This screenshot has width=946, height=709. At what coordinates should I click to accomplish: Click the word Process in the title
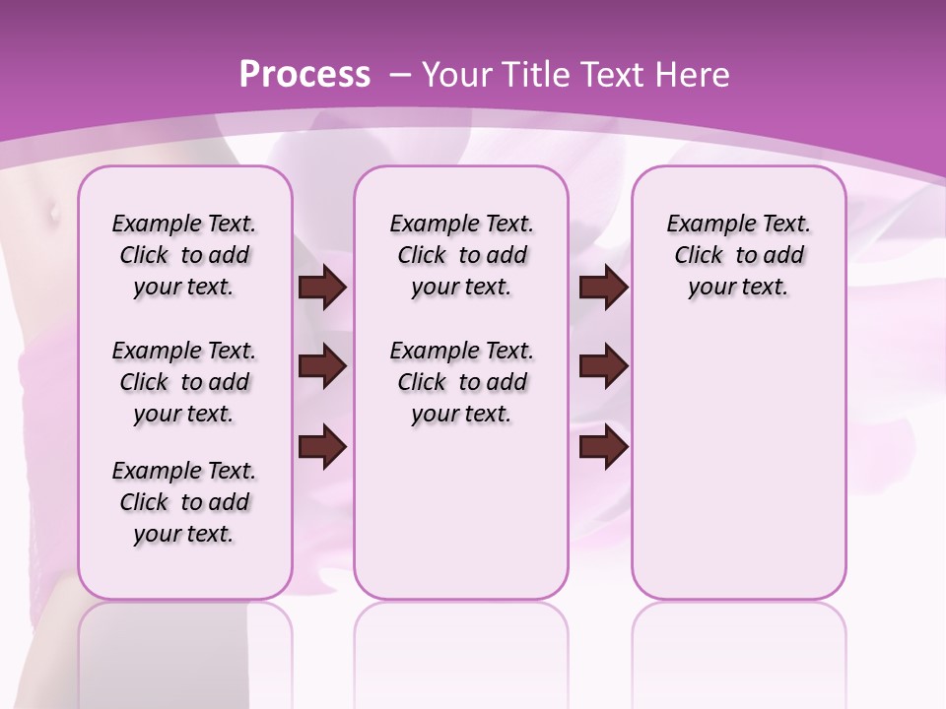(x=304, y=74)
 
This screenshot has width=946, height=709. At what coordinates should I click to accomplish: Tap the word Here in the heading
(x=690, y=74)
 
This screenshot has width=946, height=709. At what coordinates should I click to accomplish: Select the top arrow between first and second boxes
(x=322, y=288)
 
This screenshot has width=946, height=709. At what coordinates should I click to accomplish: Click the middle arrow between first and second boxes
(x=322, y=366)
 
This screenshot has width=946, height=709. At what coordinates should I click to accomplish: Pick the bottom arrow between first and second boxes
(x=322, y=446)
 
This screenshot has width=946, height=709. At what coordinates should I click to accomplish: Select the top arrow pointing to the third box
(x=603, y=288)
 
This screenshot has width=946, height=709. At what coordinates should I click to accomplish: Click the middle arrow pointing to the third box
(x=603, y=366)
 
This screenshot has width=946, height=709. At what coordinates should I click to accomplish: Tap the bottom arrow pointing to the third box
(x=603, y=446)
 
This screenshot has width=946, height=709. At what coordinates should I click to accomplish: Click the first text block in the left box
(x=184, y=255)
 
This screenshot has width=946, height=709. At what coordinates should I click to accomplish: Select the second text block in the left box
(x=184, y=382)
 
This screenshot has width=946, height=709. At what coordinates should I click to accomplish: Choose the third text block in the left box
(x=184, y=502)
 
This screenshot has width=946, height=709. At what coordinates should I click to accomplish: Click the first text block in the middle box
(x=461, y=255)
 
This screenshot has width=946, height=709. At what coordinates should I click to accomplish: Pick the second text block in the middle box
(x=461, y=382)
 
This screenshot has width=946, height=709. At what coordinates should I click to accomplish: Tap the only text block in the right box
(x=738, y=255)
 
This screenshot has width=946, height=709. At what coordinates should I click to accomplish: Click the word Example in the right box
(x=704, y=225)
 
